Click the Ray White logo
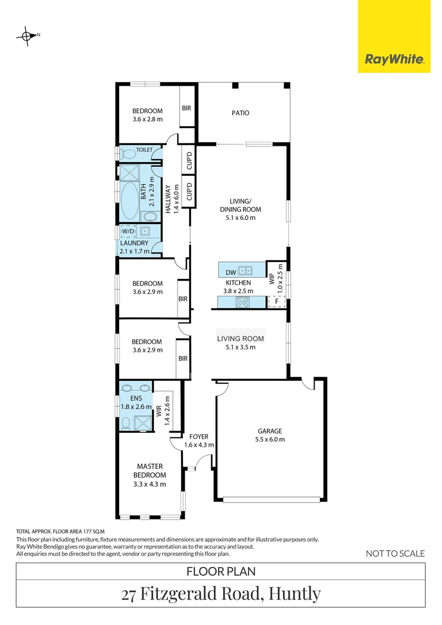coord(394,58)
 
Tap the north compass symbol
coord(27,36)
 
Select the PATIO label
coord(240,113)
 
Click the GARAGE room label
coord(270,431)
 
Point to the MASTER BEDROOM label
coord(149,470)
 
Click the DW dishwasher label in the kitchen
coord(230,271)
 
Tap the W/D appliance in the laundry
coord(127,231)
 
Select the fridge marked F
coord(277,302)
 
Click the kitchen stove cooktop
coord(241,301)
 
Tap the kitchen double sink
coord(246,269)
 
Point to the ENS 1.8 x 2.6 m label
coord(136,402)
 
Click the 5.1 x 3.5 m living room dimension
coord(240,347)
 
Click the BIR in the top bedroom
coord(186,108)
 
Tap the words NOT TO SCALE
coord(395,554)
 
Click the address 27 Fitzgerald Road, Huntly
coord(221,594)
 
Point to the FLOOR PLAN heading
coord(221,571)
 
